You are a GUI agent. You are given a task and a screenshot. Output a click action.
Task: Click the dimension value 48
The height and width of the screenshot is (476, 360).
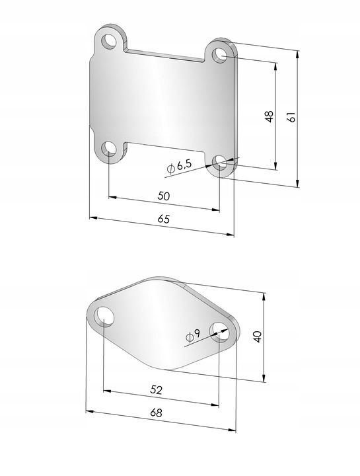click(270, 116)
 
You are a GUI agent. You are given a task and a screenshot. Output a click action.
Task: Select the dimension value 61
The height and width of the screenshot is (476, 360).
click(291, 117)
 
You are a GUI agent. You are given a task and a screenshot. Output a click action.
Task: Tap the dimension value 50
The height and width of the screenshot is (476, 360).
click(164, 196)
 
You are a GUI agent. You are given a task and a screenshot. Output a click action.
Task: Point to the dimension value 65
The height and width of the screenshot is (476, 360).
click(163, 219)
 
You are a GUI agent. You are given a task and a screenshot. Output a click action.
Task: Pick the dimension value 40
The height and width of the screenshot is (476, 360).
click(258, 337)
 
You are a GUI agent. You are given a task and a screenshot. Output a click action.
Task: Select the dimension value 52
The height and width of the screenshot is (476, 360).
click(156, 389)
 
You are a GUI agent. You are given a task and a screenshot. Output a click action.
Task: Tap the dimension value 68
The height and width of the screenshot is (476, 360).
click(156, 413)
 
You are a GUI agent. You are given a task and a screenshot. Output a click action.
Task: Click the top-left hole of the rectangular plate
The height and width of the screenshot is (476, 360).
click(109, 41)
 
